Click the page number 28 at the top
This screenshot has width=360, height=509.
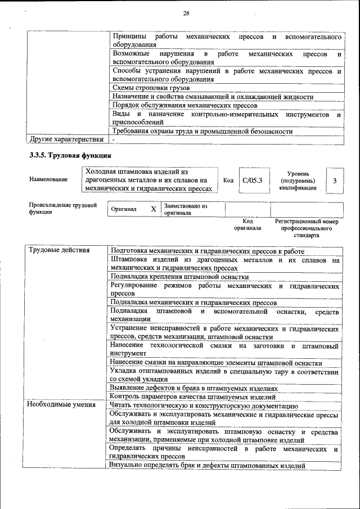(x=186, y=13)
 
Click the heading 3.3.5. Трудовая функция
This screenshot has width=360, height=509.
(x=70, y=155)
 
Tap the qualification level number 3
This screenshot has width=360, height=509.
(x=335, y=181)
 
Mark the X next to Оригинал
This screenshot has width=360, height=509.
(x=153, y=209)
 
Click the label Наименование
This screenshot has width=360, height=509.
(x=48, y=179)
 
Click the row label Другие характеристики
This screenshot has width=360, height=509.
(x=66, y=139)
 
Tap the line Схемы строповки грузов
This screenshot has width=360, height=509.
(x=151, y=88)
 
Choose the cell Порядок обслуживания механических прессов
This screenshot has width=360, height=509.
(x=184, y=105)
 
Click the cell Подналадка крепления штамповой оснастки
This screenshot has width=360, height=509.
(x=179, y=277)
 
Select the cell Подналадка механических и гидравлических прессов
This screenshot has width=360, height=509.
(x=193, y=302)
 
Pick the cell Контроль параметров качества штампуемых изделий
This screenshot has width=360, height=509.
(x=193, y=397)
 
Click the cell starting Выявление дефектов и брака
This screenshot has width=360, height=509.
(x=194, y=388)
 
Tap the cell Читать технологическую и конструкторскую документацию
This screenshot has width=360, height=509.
(x=204, y=405)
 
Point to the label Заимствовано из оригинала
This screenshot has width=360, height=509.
(x=186, y=209)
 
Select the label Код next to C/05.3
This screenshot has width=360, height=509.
(x=228, y=181)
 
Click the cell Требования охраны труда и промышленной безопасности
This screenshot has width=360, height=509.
(x=202, y=131)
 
